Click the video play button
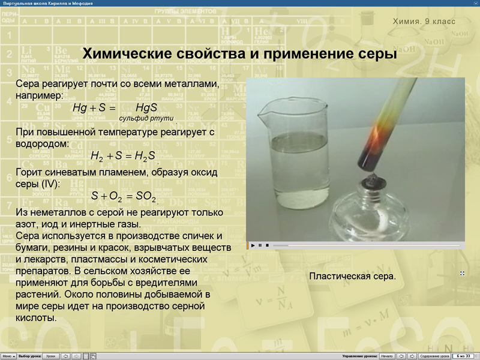coord(253,245)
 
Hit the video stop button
coord(267,245)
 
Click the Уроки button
coord(50,356)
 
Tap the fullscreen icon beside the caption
coord(462,274)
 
